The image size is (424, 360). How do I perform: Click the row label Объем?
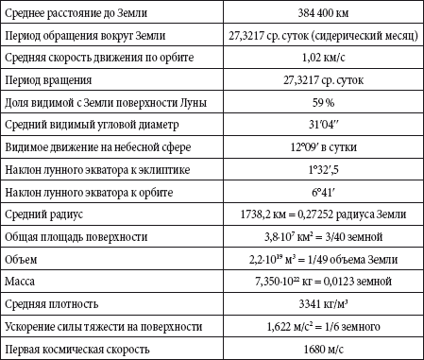point(25,260)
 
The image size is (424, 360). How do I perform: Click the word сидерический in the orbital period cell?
point(338,36)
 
